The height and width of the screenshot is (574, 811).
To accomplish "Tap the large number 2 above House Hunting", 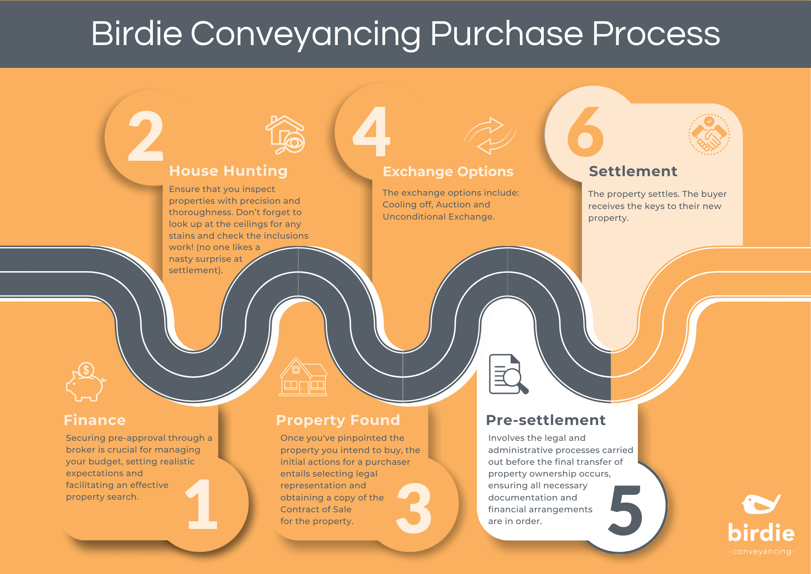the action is (x=146, y=136).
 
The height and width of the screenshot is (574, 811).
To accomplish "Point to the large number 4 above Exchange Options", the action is (x=371, y=132).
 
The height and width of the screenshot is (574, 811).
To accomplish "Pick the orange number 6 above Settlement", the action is (x=586, y=132).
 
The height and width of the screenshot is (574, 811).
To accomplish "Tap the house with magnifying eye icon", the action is (x=285, y=135).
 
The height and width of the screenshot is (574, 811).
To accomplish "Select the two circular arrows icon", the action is (x=490, y=136).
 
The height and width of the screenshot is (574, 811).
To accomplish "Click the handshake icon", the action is (x=709, y=135).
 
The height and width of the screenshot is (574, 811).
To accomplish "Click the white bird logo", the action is (x=761, y=504).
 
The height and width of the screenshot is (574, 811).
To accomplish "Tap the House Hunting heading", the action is (x=228, y=171).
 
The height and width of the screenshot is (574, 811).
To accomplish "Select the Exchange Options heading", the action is (x=448, y=172).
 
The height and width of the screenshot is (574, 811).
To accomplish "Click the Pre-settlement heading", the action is (x=545, y=420).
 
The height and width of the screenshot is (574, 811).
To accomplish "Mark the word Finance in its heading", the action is (x=95, y=420).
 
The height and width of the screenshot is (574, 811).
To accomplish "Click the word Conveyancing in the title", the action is (x=305, y=34).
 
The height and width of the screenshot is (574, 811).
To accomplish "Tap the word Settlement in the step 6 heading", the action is (x=633, y=171).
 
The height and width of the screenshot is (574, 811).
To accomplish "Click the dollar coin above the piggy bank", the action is (x=86, y=370).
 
